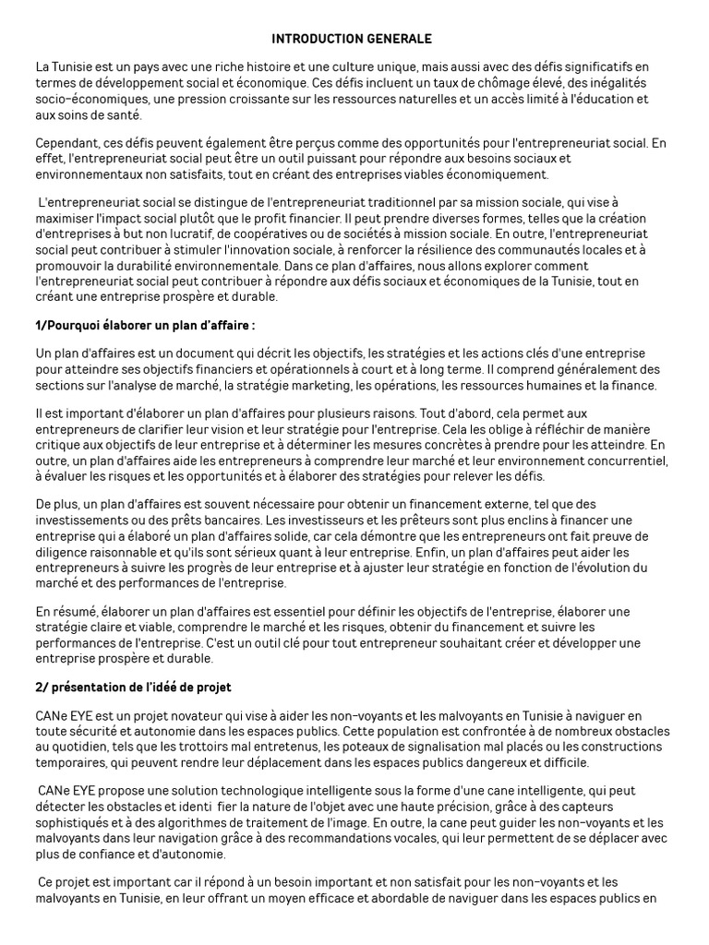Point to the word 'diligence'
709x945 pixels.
pyautogui.click(x=62, y=551)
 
